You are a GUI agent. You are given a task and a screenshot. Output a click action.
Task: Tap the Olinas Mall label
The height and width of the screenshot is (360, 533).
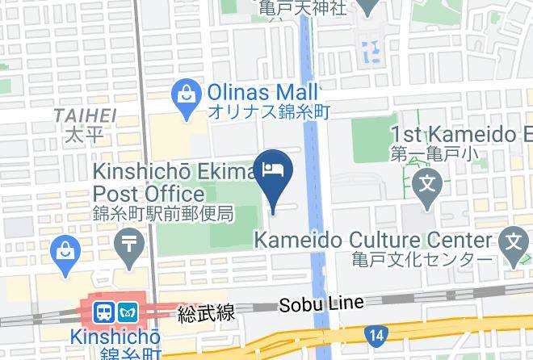pos(262,92)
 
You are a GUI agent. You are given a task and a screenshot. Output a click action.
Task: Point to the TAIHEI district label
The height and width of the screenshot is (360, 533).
pos(85,116)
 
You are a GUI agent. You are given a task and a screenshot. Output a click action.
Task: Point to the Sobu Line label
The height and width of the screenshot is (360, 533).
pos(321,303)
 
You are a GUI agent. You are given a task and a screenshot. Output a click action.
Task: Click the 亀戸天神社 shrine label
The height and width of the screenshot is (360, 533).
pos(303,8)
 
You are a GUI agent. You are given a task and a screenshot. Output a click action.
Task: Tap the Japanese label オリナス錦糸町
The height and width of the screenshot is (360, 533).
pos(269,113)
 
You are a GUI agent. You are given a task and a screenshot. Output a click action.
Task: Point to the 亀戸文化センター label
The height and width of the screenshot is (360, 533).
pos(422,260)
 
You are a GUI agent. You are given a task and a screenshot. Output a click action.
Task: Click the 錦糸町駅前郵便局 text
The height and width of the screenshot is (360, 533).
pos(163,214)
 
